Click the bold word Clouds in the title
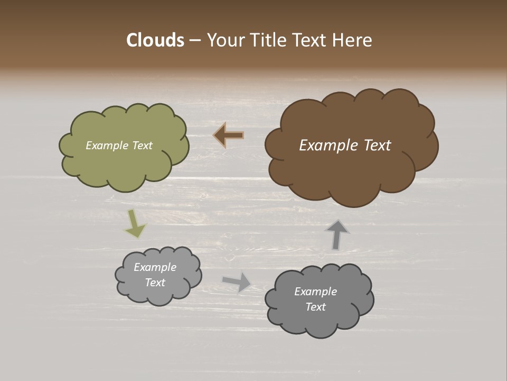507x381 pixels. tap(155, 40)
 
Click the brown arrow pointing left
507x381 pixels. tap(229, 135)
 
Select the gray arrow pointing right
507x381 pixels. tap(237, 282)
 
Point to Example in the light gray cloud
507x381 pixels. tap(155, 267)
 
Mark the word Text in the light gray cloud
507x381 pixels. tap(155, 283)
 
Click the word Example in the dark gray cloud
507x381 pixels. tap(315, 292)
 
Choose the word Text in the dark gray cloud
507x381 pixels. tap(315, 307)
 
